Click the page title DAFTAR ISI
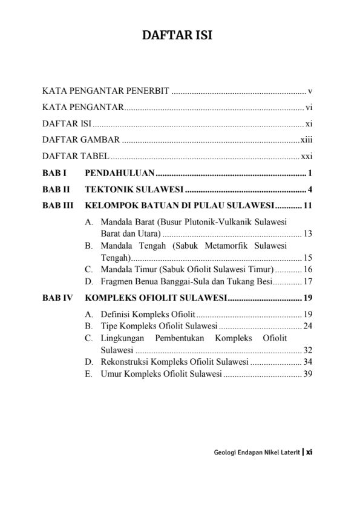(177, 36)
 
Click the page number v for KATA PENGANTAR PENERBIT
(309, 91)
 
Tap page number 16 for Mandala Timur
(307, 269)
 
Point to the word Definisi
(116, 315)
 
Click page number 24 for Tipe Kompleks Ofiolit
(307, 326)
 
